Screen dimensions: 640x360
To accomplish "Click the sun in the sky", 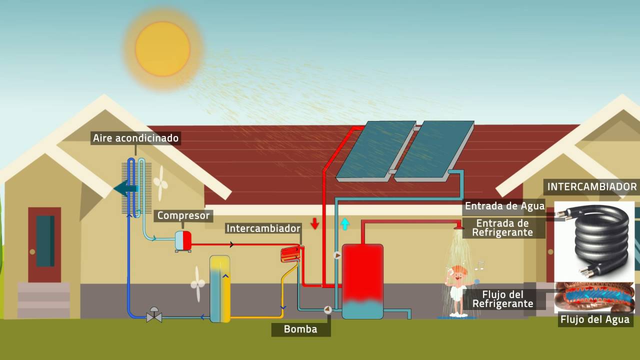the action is tap(162, 49).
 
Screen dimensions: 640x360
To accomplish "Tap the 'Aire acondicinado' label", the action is tap(135, 138).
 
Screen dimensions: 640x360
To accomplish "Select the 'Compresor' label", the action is tap(183, 215).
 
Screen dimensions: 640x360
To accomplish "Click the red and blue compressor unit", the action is tap(183, 241).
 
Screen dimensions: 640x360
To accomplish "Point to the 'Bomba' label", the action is tap(300, 329).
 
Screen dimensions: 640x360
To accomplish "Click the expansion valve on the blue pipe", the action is tap(154, 315).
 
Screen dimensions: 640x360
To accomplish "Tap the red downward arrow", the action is tap(315, 223).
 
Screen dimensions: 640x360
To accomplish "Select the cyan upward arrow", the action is tap(345, 224).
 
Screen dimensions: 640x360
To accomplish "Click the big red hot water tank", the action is tap(362, 281).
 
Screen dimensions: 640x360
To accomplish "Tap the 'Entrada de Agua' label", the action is tap(505, 206).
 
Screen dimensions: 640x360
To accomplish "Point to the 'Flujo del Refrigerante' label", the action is tap(503, 299).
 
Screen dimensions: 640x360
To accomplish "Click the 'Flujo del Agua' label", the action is tap(595, 319).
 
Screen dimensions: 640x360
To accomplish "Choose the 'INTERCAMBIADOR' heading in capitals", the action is tap(592, 187).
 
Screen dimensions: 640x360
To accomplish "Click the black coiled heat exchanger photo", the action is tap(594, 241).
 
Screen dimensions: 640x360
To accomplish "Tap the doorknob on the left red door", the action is tap(32, 251).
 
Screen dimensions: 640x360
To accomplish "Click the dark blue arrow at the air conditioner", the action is tap(125, 188).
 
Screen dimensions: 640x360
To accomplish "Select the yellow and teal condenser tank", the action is tap(219, 289).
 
